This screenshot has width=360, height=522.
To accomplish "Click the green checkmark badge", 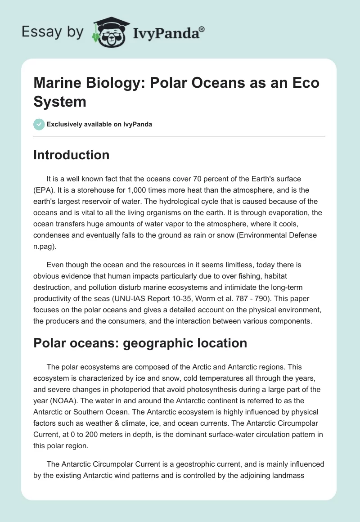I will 39,124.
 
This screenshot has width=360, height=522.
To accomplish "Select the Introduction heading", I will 72,155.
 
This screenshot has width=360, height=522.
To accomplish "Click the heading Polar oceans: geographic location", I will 140,343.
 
